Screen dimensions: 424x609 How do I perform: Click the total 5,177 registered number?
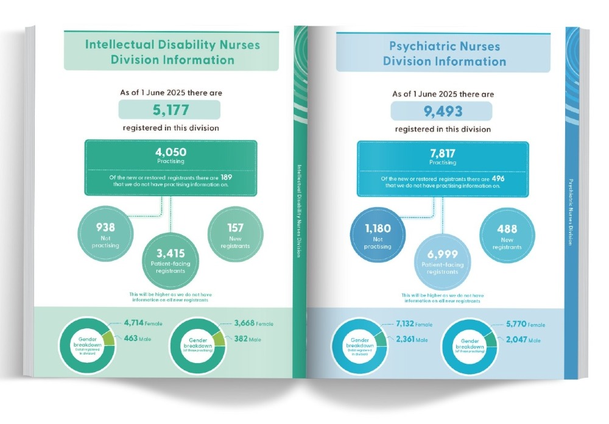[169, 110]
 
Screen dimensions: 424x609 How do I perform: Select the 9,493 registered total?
[441, 111]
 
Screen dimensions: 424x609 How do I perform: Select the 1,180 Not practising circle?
[378, 234]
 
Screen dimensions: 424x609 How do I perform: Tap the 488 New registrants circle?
[507, 234]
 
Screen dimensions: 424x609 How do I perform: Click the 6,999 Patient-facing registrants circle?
[442, 260]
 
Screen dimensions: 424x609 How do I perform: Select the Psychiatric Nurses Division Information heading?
[444, 54]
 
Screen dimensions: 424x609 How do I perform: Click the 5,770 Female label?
[527, 324]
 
